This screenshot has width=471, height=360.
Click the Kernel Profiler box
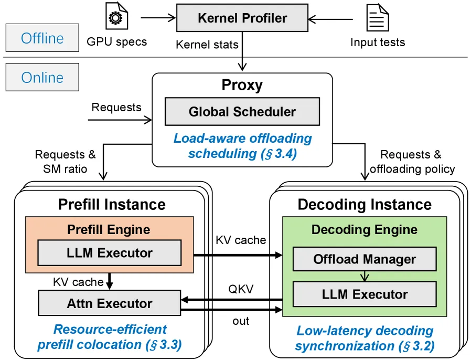click(242, 18)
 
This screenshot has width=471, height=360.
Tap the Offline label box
click(42, 38)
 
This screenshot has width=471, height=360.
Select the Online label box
click(42, 77)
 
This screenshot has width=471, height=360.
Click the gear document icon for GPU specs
click(117, 16)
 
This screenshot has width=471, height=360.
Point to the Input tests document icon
click(378, 17)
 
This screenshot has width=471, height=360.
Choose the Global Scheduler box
click(242, 111)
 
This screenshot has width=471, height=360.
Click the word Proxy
click(242, 84)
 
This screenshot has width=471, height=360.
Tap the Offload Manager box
click(365, 259)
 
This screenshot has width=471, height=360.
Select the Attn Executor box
click(109, 303)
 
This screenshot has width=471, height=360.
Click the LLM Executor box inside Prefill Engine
click(109, 253)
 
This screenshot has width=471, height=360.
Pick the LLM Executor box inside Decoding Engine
click(365, 294)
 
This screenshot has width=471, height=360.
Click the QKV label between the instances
click(241, 289)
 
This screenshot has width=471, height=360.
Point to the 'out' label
click(241, 321)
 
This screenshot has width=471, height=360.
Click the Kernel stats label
click(207, 45)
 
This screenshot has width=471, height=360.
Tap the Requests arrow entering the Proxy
click(120, 120)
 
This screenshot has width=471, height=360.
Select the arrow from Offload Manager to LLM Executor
click(365, 276)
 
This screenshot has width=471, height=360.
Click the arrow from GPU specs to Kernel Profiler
click(158, 18)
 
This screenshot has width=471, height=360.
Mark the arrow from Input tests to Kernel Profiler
click(330, 19)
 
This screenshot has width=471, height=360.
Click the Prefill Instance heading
click(112, 205)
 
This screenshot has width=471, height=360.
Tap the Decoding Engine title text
click(365, 229)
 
